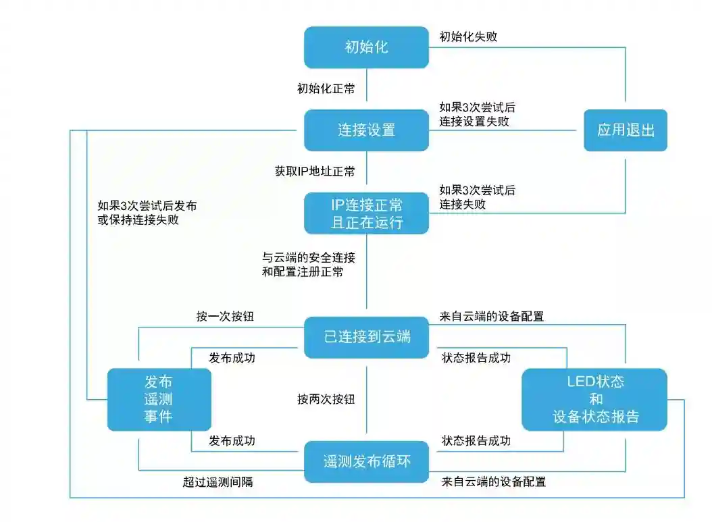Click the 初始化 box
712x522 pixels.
point(366,47)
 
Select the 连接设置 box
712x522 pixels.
point(366,130)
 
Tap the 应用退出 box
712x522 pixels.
point(626,130)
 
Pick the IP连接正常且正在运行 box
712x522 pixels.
point(366,213)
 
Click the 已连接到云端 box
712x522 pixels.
point(366,336)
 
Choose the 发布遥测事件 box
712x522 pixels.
point(159,399)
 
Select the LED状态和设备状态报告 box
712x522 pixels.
point(594,399)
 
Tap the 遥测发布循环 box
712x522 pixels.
point(366,462)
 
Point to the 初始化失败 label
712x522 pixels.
point(468,36)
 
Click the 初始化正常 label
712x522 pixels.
point(326,88)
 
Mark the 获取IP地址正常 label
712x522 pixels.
point(315,172)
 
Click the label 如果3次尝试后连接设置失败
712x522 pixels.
point(477,114)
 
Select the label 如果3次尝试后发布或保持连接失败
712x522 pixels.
point(147,213)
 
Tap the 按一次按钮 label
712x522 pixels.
point(225,315)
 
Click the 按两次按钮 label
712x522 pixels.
point(326,399)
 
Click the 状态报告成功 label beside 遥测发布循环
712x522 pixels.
point(476,441)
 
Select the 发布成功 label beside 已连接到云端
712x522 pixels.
point(232,357)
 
